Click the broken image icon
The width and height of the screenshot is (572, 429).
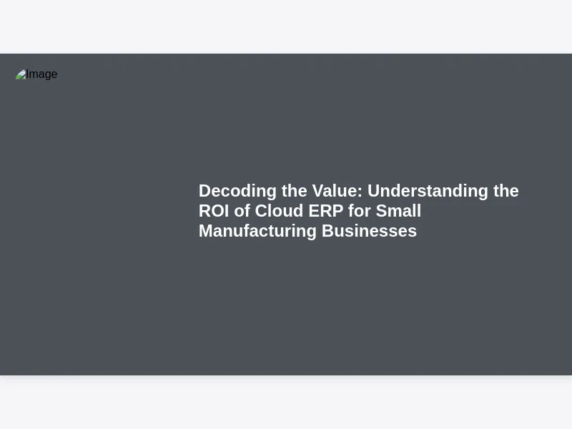21,74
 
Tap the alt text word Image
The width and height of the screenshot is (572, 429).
41,74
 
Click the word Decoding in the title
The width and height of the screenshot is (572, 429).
237,191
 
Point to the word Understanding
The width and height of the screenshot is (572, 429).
428,191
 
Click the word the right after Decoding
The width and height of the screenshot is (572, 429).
295,191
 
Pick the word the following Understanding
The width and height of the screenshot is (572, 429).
506,191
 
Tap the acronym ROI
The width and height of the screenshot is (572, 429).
214,211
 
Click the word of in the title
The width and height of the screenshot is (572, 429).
242,211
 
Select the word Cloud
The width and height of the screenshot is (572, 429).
279,211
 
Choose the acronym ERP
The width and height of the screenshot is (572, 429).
326,211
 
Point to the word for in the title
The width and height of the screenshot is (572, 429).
360,211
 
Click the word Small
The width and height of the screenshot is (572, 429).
398,211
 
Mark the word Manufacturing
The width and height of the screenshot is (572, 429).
257,231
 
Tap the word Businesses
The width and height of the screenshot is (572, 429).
369,231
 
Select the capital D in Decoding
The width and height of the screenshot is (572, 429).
205,191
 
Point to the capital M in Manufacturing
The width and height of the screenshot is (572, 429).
207,231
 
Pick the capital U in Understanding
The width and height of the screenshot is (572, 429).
373,191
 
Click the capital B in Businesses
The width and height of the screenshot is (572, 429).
327,231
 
